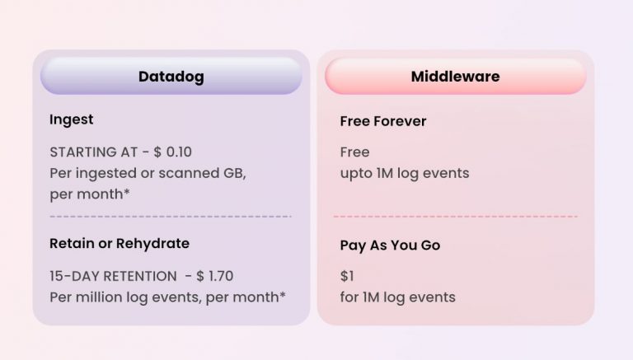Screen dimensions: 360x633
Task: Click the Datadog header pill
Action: (171, 77)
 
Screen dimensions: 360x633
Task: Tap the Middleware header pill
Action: (455, 77)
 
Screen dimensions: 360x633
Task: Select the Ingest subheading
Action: (71, 119)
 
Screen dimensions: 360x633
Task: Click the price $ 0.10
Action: (172, 152)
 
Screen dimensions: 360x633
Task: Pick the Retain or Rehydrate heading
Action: (120, 244)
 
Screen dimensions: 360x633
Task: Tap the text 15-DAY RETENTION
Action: (113, 276)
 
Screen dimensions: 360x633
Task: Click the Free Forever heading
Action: (383, 121)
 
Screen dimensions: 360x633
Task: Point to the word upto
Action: (355, 174)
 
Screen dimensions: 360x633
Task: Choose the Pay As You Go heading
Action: (390, 245)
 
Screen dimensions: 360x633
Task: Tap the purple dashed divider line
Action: (171, 217)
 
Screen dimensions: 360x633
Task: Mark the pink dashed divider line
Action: (455, 217)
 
